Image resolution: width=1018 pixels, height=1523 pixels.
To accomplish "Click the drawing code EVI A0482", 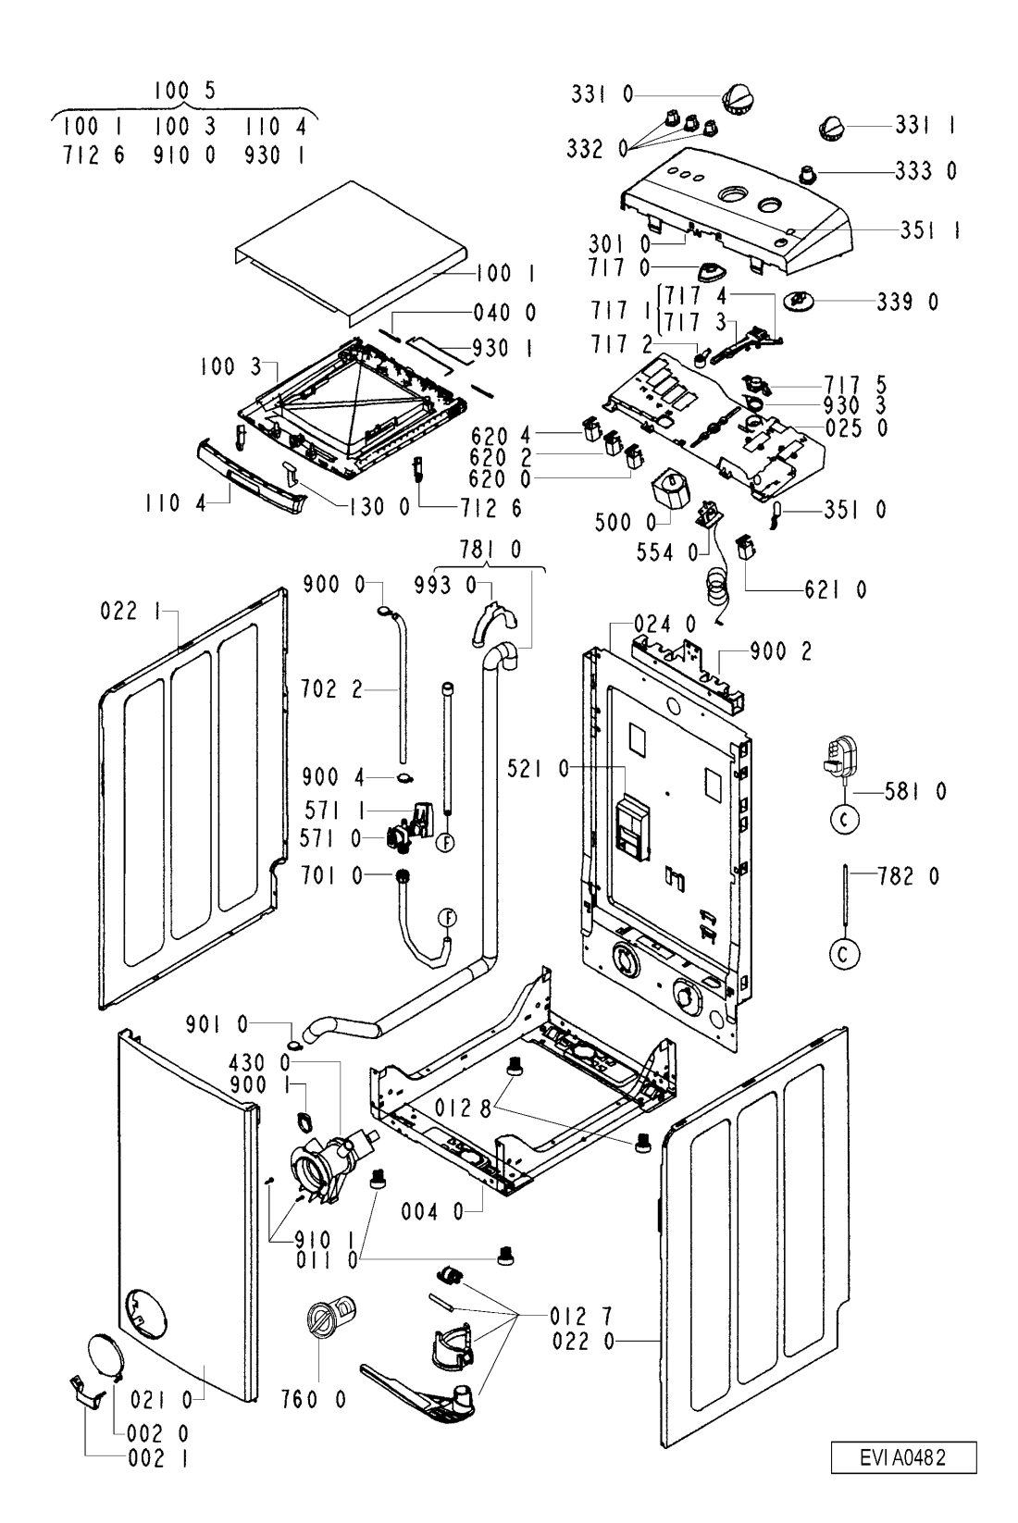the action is (903, 1457).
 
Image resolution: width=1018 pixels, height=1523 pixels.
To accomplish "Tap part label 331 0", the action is (602, 94).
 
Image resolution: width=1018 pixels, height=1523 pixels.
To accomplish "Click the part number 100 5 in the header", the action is (184, 91).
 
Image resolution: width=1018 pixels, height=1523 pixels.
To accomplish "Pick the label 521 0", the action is (538, 769).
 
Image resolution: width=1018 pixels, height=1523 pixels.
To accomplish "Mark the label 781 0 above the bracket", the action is (490, 550).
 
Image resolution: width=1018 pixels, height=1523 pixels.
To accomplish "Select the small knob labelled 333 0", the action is (807, 173).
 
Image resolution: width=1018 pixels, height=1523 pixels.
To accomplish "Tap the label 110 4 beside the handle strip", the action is (175, 504).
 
